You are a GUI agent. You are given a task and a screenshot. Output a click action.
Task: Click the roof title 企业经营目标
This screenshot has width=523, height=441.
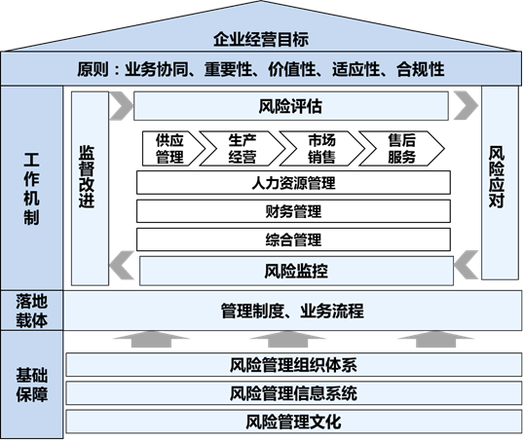point(261,39)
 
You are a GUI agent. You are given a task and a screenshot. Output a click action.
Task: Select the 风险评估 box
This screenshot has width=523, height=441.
point(291,106)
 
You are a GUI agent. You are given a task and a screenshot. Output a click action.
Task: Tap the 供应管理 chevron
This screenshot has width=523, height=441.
point(173,149)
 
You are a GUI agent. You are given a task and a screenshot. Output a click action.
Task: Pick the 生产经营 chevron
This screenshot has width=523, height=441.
point(243,149)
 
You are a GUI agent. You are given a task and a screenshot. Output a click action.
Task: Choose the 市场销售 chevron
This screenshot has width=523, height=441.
point(322,149)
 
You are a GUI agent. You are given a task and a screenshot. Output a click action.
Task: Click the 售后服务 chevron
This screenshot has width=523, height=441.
point(401,149)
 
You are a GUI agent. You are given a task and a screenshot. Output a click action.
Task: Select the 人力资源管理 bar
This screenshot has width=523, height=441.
point(293,182)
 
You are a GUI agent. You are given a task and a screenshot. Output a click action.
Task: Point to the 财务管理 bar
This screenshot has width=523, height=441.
point(293,211)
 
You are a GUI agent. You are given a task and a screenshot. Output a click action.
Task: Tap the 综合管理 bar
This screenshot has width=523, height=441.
point(293,239)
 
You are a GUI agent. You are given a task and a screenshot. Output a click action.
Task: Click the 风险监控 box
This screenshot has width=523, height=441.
point(296,271)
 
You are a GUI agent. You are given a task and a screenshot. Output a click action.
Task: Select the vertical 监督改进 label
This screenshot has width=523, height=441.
point(87,176)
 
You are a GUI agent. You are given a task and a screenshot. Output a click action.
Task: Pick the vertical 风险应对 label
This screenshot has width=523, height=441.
point(497,176)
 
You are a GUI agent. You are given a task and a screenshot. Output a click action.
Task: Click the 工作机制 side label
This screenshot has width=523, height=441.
point(31,189)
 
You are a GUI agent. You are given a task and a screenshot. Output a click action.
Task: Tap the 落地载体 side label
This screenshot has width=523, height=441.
point(32,311)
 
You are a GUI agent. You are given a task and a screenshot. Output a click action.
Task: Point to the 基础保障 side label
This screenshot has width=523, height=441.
point(32,385)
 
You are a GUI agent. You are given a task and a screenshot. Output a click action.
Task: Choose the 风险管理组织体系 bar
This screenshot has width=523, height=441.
point(293,365)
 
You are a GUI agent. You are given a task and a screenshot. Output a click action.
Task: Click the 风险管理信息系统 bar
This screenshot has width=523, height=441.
point(293,393)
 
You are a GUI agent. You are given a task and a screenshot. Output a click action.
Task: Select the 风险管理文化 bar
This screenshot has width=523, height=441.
point(293,422)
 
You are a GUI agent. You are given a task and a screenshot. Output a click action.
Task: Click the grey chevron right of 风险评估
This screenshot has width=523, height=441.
point(466,105)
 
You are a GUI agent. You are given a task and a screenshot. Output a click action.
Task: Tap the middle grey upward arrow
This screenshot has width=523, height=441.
point(287,340)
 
